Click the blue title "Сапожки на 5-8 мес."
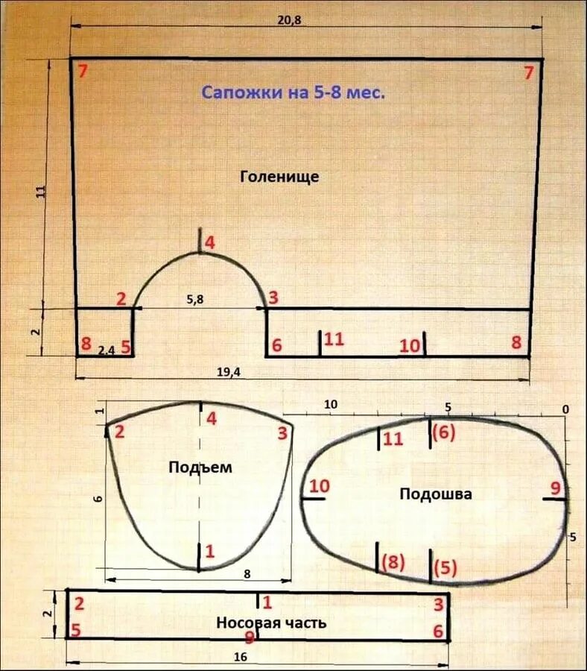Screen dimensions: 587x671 pos(293,93)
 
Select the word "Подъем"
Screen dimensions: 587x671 pos(200,467)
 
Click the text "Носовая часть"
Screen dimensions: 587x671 pos(271,623)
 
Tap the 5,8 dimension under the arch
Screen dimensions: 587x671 pos(195,299)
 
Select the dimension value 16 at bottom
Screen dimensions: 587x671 pos(240,657)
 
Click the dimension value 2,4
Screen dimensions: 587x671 pos(106,348)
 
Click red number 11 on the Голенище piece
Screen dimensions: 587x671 pos(334,339)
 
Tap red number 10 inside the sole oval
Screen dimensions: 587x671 pos(320,486)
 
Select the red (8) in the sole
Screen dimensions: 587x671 pos(393,562)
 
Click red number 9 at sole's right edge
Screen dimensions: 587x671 pos(555,488)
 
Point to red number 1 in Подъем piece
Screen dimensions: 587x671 pos(210,552)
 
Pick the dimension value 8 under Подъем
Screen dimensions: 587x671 pos(247,573)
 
